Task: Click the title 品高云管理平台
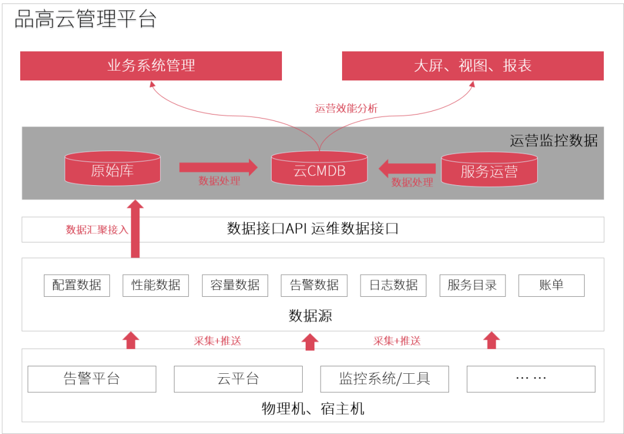[x=86, y=20]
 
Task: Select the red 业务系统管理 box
[x=151, y=65]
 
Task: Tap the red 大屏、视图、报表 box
[x=473, y=65]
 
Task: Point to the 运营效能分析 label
[x=346, y=108]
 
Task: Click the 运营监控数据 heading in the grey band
[x=554, y=141]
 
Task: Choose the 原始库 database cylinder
[x=112, y=169]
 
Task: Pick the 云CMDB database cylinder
[x=319, y=170]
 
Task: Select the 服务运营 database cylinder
[x=489, y=170]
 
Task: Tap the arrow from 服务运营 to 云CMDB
[x=407, y=168]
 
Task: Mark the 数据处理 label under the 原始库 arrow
[x=220, y=181]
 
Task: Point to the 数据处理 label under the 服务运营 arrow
[x=412, y=182]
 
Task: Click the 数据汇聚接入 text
[x=96, y=230]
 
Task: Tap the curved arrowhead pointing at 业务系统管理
[x=153, y=84]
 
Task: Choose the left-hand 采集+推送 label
[x=217, y=341]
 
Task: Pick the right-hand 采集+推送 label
[x=397, y=341]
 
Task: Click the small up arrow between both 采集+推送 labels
[x=310, y=341]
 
